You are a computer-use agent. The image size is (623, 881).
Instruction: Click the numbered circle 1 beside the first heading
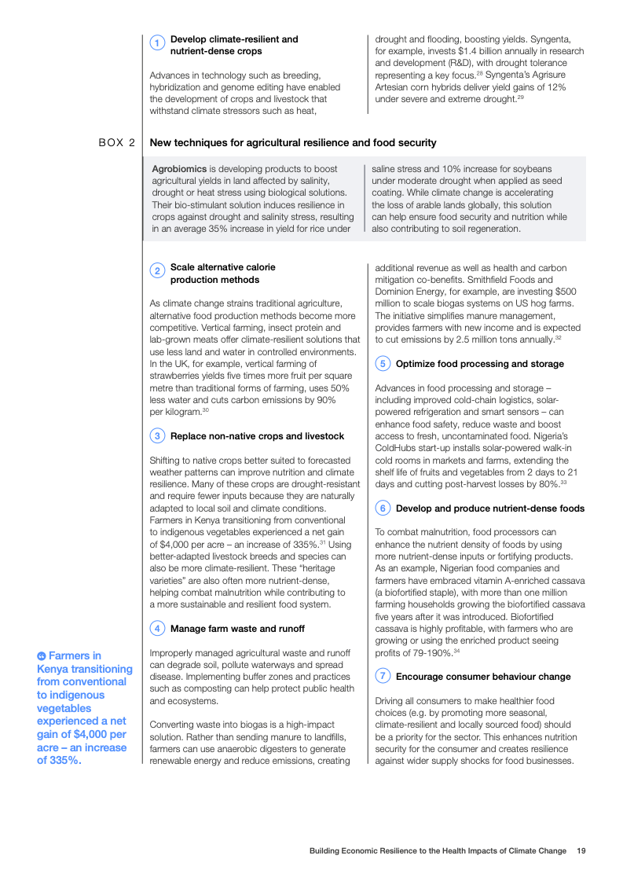point(157,44)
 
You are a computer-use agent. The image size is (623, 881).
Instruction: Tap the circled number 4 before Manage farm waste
point(157,629)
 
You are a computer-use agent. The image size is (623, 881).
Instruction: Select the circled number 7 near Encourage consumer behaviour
point(383,677)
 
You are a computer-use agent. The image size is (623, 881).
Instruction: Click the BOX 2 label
point(117,143)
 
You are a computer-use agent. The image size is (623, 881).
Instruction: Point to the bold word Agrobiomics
point(179,169)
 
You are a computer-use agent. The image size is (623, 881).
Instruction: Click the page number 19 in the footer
point(581,850)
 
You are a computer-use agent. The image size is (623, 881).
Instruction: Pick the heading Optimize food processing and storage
point(479,364)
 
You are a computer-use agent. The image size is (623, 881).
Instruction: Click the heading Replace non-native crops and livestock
point(257,436)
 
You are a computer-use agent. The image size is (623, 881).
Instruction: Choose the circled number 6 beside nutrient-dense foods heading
point(383,508)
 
